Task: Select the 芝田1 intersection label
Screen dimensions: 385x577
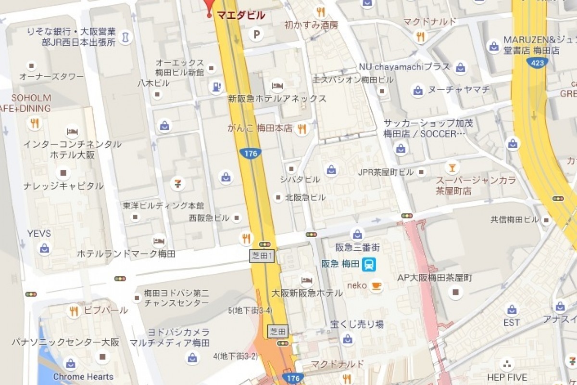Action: pyautogui.click(x=262, y=257)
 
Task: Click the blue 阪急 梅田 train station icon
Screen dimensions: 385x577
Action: pyautogui.click(x=369, y=264)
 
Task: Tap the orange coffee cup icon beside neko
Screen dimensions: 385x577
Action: pyautogui.click(x=376, y=285)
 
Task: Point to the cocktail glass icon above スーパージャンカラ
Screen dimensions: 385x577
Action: pyautogui.click(x=452, y=167)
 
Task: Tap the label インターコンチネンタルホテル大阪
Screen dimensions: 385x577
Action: pyautogui.click(x=72, y=149)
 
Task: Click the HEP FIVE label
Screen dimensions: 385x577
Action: pyautogui.click(x=507, y=377)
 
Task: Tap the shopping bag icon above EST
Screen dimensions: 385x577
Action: pyautogui.click(x=512, y=309)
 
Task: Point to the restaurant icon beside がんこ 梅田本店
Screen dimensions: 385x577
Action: pyautogui.click(x=301, y=128)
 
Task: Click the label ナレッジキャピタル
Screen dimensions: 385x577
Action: pyautogui.click(x=63, y=186)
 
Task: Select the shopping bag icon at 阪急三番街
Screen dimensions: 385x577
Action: pyautogui.click(x=357, y=234)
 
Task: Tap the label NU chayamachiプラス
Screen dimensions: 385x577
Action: pyautogui.click(x=404, y=67)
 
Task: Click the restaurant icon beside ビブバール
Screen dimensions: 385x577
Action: pyautogui.click(x=74, y=311)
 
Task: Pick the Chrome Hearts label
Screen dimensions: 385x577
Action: pyautogui.click(x=83, y=377)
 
